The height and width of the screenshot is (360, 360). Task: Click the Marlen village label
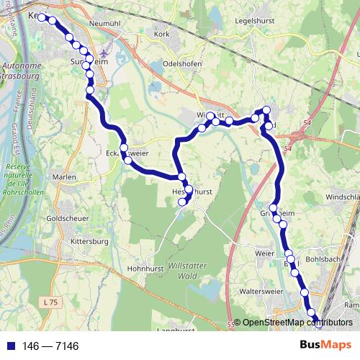point(64,176)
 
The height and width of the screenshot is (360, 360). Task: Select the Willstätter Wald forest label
point(191,271)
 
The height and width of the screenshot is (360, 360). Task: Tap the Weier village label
point(265,253)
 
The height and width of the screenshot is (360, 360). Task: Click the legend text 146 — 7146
point(50,346)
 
